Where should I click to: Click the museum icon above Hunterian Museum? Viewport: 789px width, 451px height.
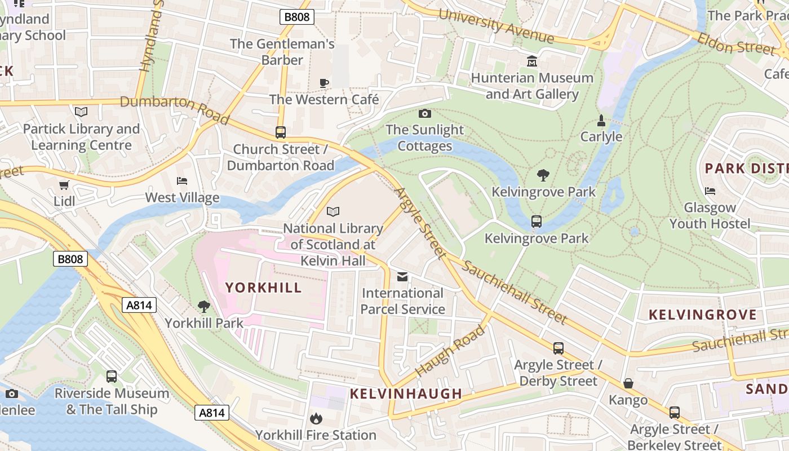531,61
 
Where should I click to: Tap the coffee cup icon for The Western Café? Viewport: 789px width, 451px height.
324,83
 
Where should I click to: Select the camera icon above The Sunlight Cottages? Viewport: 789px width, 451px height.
425,114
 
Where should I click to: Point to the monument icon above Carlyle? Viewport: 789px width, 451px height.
601,121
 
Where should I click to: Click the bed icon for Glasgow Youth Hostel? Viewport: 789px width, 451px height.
710,191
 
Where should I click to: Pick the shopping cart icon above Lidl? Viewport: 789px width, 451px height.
64,185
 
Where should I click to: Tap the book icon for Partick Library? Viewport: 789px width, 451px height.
81,112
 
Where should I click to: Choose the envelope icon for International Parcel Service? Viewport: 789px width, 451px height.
402,277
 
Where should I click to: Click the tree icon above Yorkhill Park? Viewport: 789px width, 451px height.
204,307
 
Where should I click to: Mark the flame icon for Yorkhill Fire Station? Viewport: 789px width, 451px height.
316,418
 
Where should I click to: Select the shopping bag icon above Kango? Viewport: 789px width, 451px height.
628,384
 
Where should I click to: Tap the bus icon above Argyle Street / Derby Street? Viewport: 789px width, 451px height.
558,348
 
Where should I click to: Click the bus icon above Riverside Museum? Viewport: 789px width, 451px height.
112,377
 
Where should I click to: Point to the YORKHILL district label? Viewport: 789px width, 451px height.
264,288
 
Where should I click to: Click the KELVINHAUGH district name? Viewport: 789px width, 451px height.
406,393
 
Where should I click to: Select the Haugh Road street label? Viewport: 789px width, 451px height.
450,351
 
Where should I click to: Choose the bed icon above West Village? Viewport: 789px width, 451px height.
182,181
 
